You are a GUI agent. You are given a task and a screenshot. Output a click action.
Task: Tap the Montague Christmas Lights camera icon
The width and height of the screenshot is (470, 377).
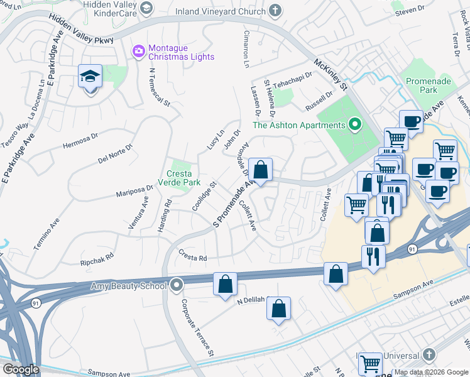coord(138,50)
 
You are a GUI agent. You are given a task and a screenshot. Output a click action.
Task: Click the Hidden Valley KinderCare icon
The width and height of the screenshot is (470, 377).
coord(146,8)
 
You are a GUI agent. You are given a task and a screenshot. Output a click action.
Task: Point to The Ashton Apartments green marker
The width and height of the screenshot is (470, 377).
coord(354,125)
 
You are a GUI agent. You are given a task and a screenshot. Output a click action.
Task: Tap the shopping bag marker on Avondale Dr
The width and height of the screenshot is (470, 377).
coord(260,170)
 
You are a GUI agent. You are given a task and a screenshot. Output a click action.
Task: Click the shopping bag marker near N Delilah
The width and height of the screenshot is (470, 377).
coord(278,309)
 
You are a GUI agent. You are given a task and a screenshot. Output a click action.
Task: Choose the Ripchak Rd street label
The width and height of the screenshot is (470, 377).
coord(96,257)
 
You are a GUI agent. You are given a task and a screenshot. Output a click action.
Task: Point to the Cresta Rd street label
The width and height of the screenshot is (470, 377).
coord(192,258)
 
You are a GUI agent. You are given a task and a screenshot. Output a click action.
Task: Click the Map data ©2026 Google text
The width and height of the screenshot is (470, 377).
coord(431,372)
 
